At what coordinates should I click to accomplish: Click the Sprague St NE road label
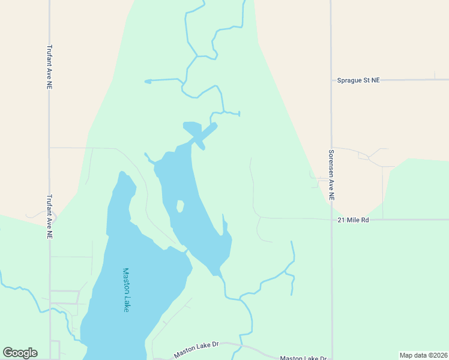click(358, 80)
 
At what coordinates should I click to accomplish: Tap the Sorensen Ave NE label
click(331, 175)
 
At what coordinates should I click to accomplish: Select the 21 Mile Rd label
click(353, 220)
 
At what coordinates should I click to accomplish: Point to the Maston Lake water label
click(126, 290)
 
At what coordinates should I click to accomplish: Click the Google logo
click(20, 353)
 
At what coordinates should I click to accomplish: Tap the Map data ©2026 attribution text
click(424, 355)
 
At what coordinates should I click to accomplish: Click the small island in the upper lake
click(179, 206)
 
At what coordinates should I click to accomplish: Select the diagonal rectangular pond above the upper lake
click(205, 135)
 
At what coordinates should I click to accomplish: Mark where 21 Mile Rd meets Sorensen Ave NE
click(331, 220)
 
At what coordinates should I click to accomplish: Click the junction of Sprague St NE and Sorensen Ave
click(331, 80)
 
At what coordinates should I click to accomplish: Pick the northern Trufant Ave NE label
click(49, 68)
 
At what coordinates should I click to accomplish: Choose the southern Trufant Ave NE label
click(49, 217)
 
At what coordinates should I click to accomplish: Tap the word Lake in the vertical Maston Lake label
click(126, 304)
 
